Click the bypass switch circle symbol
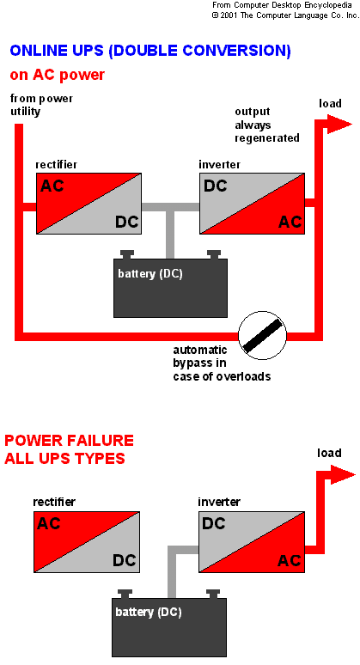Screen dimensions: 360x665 click(262, 336)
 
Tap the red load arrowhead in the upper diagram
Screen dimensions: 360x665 click(339, 124)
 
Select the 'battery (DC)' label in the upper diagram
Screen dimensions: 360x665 click(150, 274)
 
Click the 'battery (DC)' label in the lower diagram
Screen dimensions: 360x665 click(149, 613)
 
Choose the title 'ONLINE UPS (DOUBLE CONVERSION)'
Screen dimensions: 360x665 click(150, 51)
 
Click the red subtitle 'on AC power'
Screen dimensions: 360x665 click(58, 75)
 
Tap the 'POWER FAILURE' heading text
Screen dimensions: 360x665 click(69, 440)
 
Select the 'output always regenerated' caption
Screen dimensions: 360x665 click(267, 125)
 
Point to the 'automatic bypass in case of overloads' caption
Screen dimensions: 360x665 click(222, 363)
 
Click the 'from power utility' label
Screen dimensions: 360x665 click(41, 105)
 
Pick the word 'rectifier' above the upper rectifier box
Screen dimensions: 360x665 click(57, 165)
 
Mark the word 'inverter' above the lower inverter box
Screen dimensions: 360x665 click(219, 502)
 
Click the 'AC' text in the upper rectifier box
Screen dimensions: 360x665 click(52, 186)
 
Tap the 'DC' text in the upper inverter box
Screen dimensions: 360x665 click(216, 186)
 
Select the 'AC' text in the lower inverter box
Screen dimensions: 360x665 click(290, 561)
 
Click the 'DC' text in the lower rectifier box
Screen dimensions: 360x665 click(125, 560)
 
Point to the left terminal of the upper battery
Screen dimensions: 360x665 click(127, 254)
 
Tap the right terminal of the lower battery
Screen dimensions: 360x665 click(212, 594)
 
